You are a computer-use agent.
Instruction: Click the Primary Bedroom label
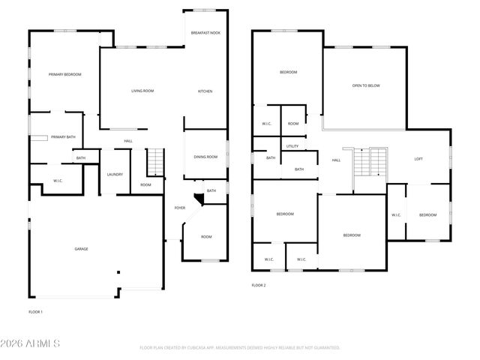click(x=64, y=74)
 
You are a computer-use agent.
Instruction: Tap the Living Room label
click(x=142, y=91)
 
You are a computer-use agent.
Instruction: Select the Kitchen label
click(x=205, y=91)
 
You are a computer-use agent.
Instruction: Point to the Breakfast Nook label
click(x=205, y=33)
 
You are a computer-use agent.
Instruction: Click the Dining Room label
click(x=205, y=157)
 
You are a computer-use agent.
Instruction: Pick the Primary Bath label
click(x=63, y=137)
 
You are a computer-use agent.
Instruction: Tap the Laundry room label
click(x=115, y=175)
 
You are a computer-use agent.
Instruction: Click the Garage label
click(x=80, y=248)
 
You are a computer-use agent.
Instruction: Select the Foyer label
click(x=180, y=208)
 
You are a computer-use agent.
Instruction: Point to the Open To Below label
click(x=366, y=85)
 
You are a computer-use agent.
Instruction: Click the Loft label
click(x=418, y=159)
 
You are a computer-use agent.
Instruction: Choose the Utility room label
click(x=292, y=146)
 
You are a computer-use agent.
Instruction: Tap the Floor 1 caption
click(x=35, y=311)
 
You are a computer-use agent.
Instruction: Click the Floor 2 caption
click(x=259, y=285)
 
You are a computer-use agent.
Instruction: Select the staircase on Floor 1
click(x=154, y=160)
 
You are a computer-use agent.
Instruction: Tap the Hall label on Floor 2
click(x=336, y=160)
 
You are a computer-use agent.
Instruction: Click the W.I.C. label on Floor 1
click(x=57, y=181)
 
